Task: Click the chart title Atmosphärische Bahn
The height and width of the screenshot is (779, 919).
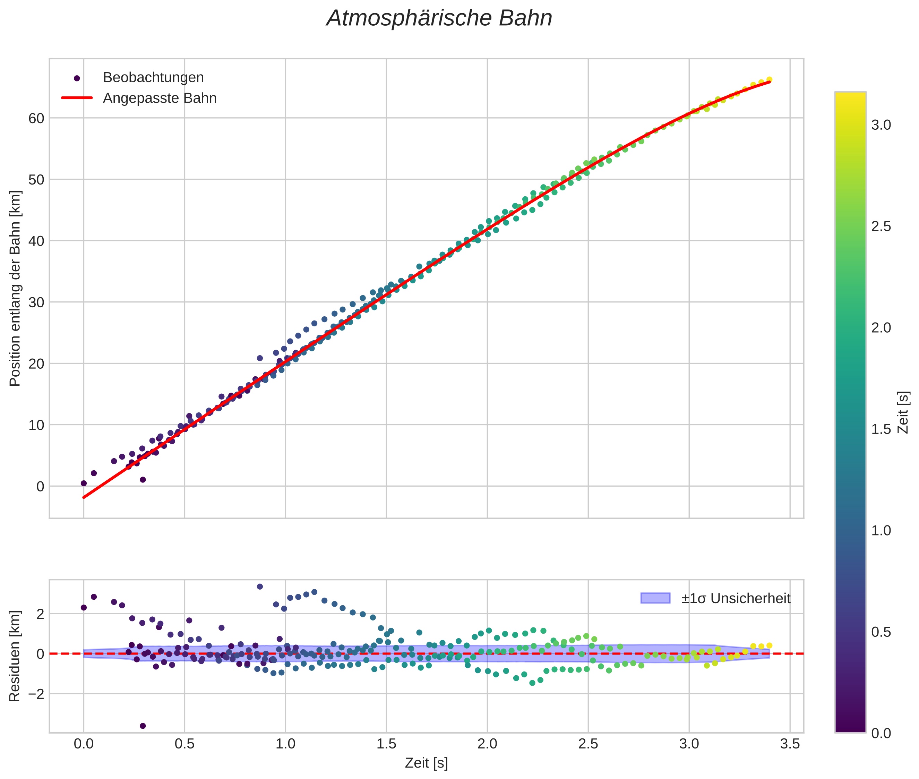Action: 439,18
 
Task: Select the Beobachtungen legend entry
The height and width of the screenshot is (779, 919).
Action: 153,78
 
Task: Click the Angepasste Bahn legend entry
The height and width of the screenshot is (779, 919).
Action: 160,98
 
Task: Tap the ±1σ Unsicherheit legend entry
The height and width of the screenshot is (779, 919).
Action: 735,598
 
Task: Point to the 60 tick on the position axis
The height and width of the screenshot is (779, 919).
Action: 36,118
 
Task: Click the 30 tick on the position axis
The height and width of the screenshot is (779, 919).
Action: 36,302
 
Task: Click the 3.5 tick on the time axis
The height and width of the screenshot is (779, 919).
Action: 790,744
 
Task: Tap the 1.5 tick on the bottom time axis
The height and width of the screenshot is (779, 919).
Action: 386,744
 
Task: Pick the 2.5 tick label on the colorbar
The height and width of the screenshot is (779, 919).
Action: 881,226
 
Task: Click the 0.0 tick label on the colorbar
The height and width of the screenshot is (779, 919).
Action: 881,734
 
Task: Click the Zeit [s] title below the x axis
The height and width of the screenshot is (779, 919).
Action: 426,763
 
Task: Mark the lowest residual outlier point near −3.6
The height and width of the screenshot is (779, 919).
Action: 143,726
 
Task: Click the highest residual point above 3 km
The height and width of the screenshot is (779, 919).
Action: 260,587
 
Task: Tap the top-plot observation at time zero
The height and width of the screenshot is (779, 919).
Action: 84,483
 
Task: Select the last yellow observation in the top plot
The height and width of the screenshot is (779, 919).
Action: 769,79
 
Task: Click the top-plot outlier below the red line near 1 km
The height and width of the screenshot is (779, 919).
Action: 143,480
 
